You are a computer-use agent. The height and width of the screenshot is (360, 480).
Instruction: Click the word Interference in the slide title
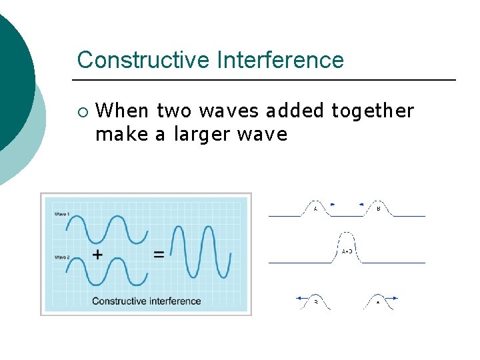click(x=280, y=60)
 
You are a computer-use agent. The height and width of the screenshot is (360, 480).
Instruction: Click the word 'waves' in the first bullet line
click(x=230, y=111)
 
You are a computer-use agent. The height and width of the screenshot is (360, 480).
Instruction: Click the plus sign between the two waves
click(x=97, y=254)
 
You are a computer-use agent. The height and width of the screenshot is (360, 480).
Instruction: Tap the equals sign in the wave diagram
click(x=159, y=254)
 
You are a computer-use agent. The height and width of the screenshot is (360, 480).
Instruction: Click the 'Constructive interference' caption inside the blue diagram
click(x=146, y=301)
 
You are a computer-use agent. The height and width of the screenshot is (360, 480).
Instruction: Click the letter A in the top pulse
click(x=315, y=209)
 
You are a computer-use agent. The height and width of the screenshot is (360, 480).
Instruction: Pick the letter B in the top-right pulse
click(x=379, y=209)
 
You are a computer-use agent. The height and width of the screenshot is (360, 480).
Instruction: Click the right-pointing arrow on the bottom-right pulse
click(x=393, y=298)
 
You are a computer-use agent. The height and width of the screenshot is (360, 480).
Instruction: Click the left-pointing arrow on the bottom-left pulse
click(x=301, y=298)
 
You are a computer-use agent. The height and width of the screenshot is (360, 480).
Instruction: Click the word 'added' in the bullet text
click(x=295, y=111)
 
